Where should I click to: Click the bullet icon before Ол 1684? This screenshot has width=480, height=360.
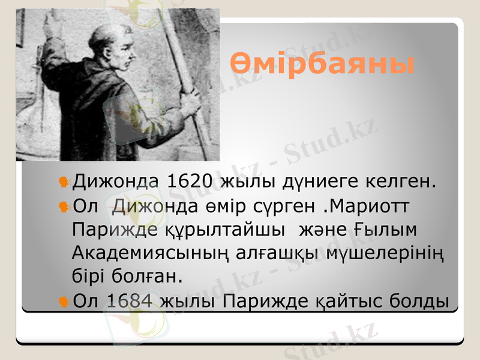coord(62,300)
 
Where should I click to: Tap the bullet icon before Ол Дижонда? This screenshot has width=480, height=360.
coord(62,206)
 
